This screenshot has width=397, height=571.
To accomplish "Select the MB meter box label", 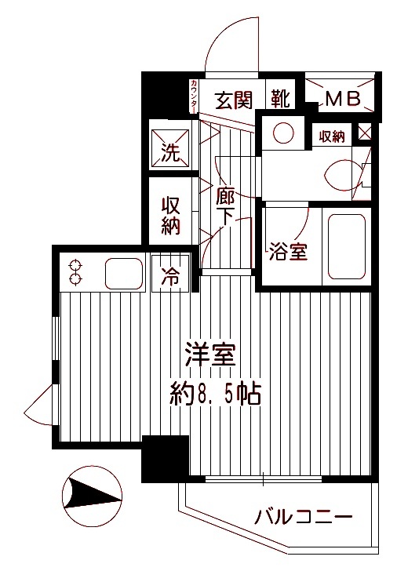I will [x=342, y=99].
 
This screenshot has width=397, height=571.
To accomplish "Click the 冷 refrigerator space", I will [x=170, y=275].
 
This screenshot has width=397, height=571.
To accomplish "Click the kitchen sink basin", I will [x=122, y=273].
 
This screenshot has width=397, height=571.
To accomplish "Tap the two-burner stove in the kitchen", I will [x=76, y=271].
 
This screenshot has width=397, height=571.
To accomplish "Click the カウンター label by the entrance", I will [x=193, y=98].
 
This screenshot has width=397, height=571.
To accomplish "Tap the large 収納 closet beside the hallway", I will [x=171, y=216].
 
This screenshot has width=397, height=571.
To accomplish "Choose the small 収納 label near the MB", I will [x=333, y=136].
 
